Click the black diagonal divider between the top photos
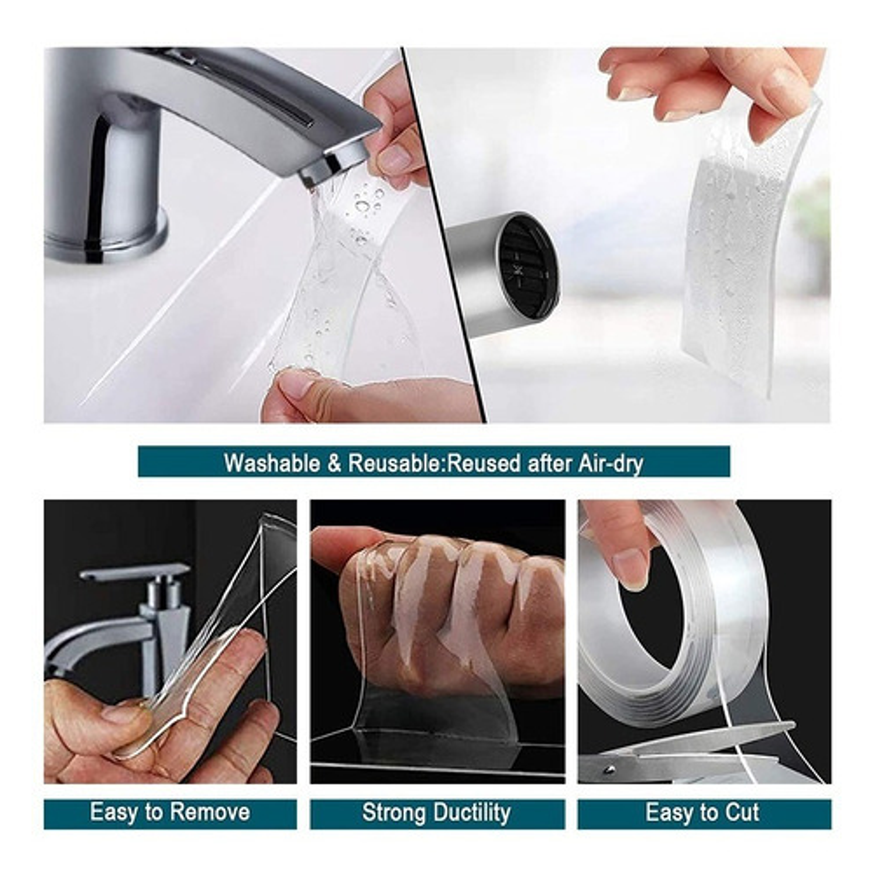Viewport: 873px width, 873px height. [x=443, y=235]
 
